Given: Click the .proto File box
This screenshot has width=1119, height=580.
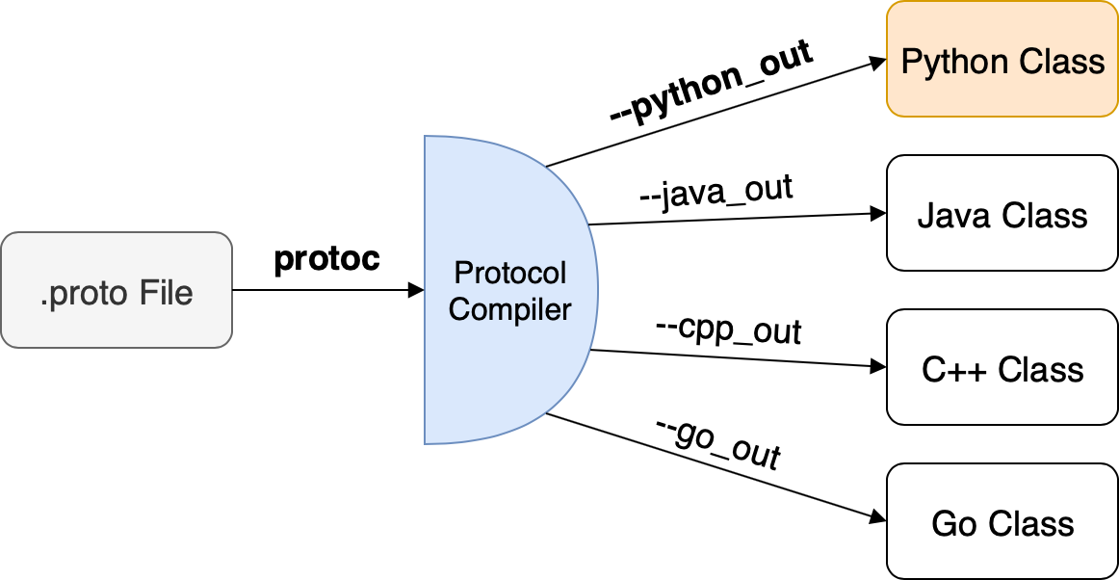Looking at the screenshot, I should click(x=117, y=290).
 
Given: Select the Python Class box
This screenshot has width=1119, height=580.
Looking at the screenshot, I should click(x=1002, y=59).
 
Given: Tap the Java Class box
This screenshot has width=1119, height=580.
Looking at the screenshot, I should click(x=1002, y=213).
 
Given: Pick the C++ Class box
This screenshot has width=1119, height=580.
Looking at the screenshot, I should click(x=1002, y=367).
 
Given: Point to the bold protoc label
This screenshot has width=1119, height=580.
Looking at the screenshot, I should click(x=327, y=259).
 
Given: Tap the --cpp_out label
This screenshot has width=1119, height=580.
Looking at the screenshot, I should click(x=728, y=330).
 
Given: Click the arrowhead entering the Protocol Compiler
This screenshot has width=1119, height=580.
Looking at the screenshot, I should click(x=417, y=290).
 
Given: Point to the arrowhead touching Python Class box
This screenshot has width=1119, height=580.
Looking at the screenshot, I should click(x=878, y=62).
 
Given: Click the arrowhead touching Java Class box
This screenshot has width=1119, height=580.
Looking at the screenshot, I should click(x=878, y=214).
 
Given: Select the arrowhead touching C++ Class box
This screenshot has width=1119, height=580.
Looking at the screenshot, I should click(x=878, y=367).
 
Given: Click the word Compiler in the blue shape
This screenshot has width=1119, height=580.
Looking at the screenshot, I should click(x=510, y=309).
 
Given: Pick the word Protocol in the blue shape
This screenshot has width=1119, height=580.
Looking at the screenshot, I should click(x=510, y=273).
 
